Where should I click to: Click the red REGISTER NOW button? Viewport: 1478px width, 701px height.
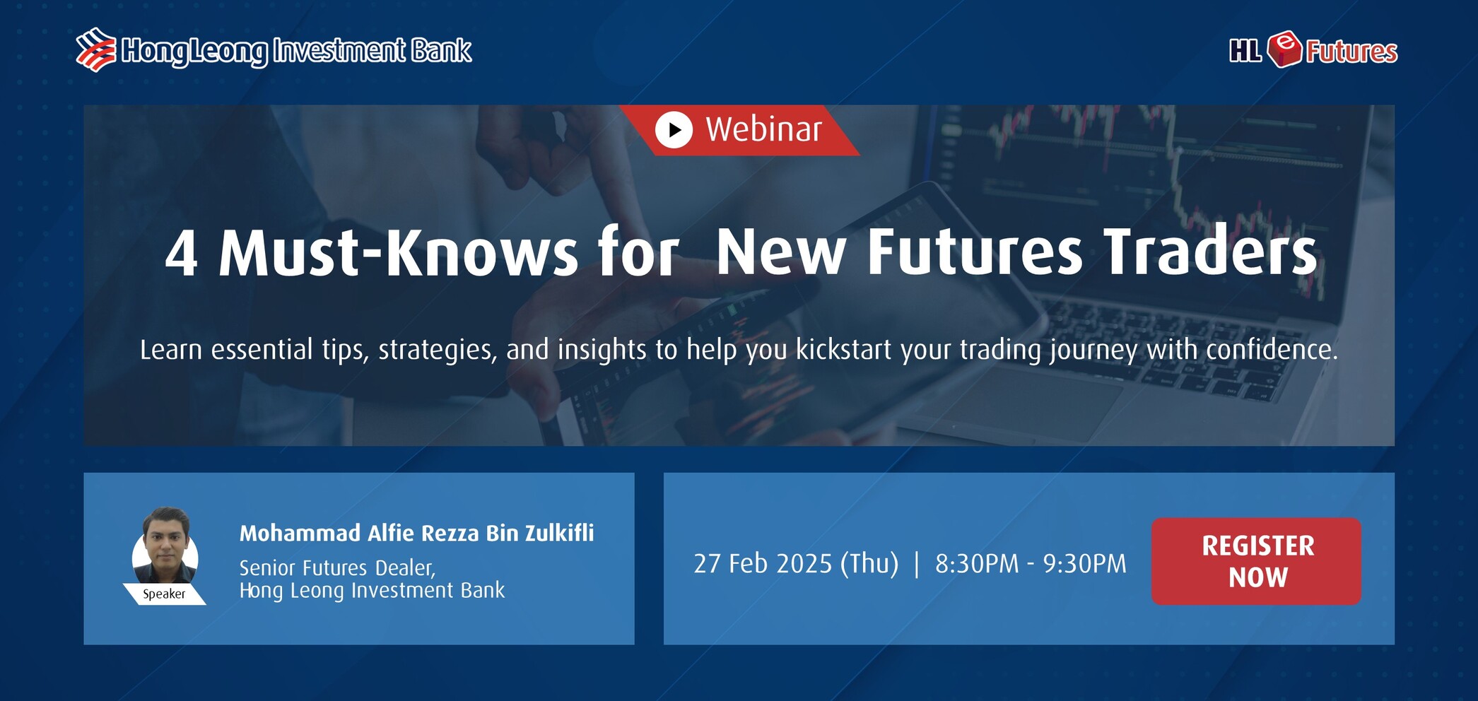[1256, 561]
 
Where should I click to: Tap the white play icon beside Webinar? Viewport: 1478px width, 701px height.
[674, 130]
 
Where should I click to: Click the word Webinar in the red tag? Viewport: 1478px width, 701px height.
[763, 129]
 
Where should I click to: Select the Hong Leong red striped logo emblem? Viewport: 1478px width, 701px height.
[96, 49]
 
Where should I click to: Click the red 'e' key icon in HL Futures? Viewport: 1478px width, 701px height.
[1284, 49]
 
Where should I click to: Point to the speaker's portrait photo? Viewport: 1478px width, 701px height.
[165, 545]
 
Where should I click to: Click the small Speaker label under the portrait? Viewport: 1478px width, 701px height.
[164, 594]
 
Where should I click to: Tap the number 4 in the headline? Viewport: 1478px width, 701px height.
[181, 254]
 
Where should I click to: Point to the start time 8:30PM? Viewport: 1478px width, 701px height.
[977, 563]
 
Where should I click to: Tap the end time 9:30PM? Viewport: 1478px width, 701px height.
[1085, 563]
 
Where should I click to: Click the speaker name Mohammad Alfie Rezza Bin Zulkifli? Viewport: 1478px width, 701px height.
[416, 533]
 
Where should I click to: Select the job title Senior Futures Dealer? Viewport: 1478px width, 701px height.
[337, 568]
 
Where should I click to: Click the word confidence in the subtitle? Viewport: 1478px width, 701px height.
[1272, 350]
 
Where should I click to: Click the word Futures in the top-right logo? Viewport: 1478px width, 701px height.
[1351, 52]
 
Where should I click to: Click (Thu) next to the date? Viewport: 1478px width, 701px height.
[869, 564]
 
